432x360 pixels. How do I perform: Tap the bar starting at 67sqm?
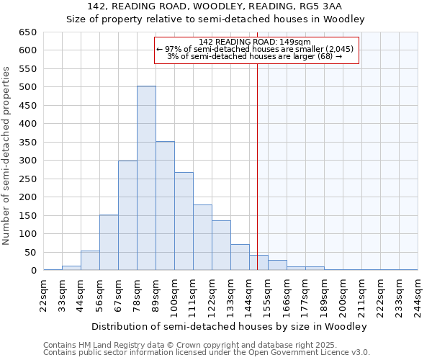coord(127,215)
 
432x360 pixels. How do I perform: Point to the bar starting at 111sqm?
coord(202,238)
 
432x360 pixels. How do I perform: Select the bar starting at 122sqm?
coord(221,246)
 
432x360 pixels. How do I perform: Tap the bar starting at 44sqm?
coord(90,261)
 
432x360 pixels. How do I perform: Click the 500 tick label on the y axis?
coord(27,87)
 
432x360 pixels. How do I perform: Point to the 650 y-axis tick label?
coord(27,32)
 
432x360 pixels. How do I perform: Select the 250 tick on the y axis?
coord(27,179)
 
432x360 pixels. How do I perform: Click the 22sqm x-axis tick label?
coord(44,294)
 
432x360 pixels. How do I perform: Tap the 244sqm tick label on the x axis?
coord(418,294)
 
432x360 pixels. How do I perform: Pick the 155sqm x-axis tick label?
coord(268,294)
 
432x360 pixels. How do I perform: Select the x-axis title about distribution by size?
coord(230,326)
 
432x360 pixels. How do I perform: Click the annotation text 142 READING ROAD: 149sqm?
coord(254,42)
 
